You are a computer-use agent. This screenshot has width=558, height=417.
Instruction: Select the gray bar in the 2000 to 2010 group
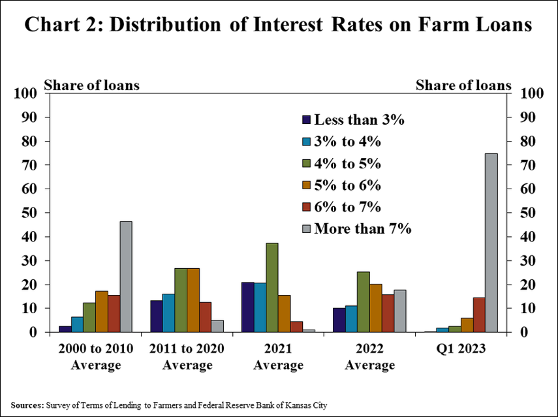pyautogui.click(x=126, y=277)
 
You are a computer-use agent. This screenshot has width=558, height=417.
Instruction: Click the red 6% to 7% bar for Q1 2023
pyautogui.click(x=478, y=315)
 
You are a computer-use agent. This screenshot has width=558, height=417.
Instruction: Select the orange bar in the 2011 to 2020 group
pyautogui.click(x=193, y=300)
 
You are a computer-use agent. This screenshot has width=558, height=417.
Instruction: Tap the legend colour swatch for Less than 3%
pyautogui.click(x=306, y=120)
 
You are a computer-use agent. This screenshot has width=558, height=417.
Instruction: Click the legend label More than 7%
pyautogui.click(x=362, y=228)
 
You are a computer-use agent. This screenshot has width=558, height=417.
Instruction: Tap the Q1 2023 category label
pyautogui.click(x=460, y=349)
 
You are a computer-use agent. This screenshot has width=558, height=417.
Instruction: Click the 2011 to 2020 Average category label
pyautogui.click(x=187, y=357)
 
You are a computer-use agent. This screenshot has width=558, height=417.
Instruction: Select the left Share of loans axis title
pyautogui.click(x=91, y=85)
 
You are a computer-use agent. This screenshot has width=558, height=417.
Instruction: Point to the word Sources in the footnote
pyautogui.click(x=26, y=405)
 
